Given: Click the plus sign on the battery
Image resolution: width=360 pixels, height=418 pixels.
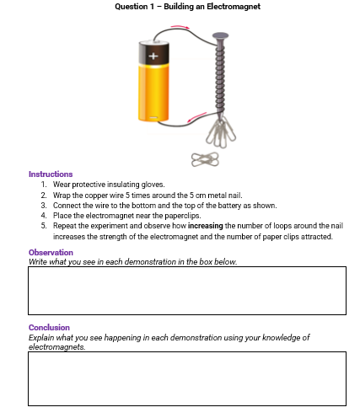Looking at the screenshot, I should coord(153,56).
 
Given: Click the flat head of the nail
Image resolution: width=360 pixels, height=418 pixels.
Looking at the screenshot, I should coord(221,36).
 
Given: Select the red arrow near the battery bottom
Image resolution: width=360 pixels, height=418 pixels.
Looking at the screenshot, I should coord(195,116).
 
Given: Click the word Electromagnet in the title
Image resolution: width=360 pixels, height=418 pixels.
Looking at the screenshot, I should coord(237,7).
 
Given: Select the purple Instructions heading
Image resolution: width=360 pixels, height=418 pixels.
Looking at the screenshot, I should coord(51,174).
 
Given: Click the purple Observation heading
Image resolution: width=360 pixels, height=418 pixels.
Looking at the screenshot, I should coord(51,252).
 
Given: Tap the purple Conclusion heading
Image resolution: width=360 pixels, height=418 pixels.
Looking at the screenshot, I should coord(49,327).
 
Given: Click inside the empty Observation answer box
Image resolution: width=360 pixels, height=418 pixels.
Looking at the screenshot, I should coord(187,290).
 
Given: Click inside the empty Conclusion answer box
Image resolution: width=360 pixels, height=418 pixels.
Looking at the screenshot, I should coord(187,378).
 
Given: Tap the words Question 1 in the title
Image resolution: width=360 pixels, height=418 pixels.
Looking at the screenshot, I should coord(132,7).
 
